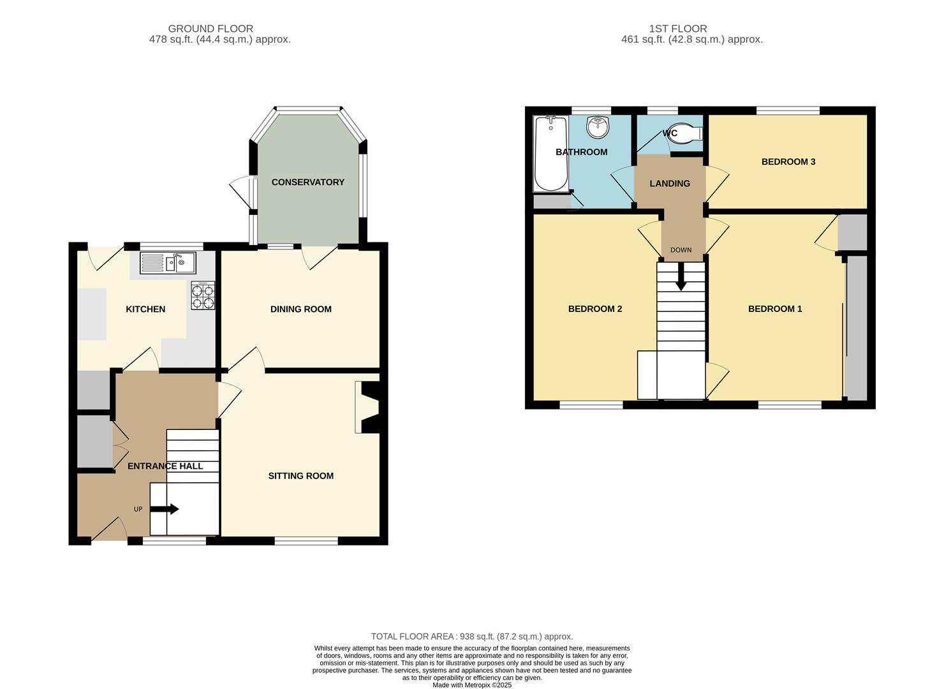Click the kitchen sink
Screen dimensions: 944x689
(168, 263)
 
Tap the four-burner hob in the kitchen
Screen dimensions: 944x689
(203, 295)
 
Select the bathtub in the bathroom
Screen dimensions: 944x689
(551, 154)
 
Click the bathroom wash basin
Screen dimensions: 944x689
(598, 127)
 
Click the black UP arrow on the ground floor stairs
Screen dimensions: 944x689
(165, 509)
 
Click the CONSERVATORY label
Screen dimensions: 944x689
(307, 182)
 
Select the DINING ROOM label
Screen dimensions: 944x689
(300, 309)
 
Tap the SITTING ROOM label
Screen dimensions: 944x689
(300, 476)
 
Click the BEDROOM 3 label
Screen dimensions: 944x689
(788, 161)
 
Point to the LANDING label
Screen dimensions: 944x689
(670, 183)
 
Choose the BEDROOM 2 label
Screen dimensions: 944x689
(594, 309)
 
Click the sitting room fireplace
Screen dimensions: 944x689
(367, 407)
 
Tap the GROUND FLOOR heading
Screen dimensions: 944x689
(210, 29)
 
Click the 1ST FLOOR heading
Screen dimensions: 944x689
(677, 29)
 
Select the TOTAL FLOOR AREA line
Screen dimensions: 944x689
(472, 636)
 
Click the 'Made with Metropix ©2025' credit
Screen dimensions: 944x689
(472, 685)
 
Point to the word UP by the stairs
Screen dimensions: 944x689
(138, 509)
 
